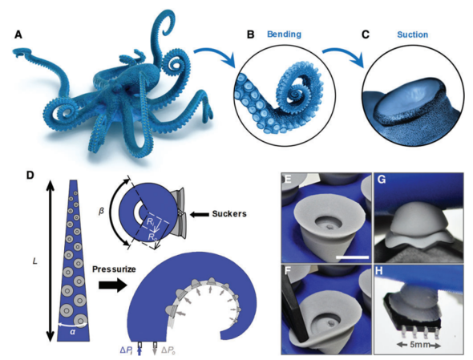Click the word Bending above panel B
[x=284, y=34]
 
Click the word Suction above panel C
[x=412, y=34]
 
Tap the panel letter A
[x=18, y=35]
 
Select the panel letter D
[x=30, y=175]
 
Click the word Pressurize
[x=114, y=269]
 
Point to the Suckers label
[x=229, y=214]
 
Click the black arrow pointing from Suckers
[x=199, y=215]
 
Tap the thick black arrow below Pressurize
[x=113, y=285]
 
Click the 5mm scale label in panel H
[x=419, y=344]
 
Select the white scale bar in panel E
[x=352, y=257]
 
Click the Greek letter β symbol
[x=101, y=211]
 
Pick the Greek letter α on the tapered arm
[x=72, y=332]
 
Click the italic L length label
[x=35, y=261]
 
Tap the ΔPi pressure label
[x=127, y=350]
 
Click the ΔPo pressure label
[x=169, y=350]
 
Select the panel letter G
[x=382, y=181]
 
